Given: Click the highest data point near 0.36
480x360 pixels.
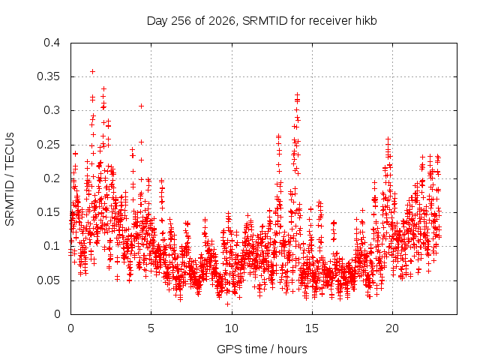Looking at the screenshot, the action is [93, 72].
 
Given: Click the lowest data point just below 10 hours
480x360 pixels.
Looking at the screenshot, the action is [227, 304].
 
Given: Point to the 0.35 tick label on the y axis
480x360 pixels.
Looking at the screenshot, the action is [48, 76].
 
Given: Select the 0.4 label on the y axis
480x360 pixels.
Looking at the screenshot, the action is [52, 43].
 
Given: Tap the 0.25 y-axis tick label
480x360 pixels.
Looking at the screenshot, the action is [48, 145].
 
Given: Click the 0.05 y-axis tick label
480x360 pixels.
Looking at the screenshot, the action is [48, 280].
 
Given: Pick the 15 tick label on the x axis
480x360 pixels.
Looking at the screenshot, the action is [312, 328].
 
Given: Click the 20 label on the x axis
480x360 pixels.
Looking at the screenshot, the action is [392, 328].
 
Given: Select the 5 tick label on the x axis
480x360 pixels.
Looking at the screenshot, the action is [151, 328].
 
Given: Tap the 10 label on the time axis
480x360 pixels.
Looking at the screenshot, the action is [232, 328].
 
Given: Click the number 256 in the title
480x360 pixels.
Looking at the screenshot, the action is [181, 21].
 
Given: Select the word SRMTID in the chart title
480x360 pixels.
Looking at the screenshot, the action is [265, 21].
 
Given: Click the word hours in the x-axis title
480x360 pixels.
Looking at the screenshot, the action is [292, 349].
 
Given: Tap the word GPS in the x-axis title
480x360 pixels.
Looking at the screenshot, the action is [227, 349].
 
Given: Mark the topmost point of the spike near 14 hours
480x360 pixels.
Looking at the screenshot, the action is [297, 95].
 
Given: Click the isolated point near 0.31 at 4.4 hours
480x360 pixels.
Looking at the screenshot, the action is [141, 106].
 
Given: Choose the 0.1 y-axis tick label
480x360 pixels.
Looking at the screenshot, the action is [52, 246].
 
